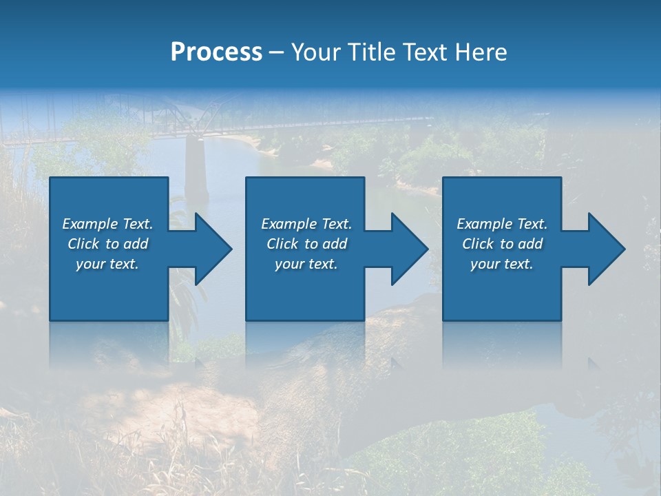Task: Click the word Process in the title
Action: (216, 52)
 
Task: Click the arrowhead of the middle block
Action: (408, 249)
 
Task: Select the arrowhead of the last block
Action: (605, 249)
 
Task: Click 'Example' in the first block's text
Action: (90, 224)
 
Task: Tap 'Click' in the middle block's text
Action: (282, 244)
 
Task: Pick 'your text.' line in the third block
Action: (501, 264)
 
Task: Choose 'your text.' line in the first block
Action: (107, 264)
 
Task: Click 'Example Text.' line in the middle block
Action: (306, 224)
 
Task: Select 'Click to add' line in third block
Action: (503, 244)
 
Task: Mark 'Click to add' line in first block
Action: (108, 244)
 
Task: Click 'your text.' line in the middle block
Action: (306, 264)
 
